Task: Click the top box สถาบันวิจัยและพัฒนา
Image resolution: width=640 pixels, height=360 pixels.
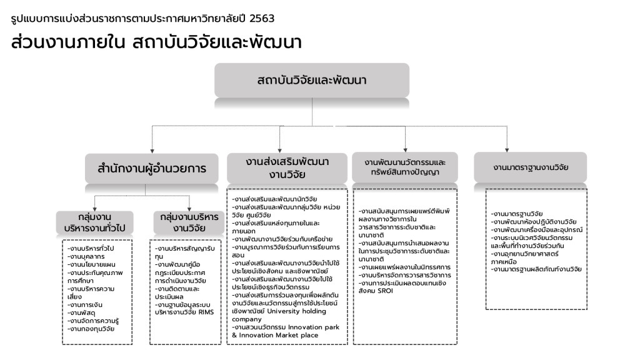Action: tap(311, 81)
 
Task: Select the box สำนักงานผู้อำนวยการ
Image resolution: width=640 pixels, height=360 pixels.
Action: tap(152, 167)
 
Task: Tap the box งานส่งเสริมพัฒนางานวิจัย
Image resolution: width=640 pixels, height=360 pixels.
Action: tap(287, 167)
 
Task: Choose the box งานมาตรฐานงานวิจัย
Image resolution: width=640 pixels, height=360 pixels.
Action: tap(531, 167)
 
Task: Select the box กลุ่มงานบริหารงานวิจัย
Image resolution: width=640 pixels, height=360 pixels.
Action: tap(189, 222)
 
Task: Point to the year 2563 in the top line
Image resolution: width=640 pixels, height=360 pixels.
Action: tap(261, 19)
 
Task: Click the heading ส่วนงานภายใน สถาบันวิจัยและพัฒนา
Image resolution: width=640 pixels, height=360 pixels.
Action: tap(157, 42)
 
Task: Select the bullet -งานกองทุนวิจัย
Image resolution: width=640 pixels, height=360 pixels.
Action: tap(92, 329)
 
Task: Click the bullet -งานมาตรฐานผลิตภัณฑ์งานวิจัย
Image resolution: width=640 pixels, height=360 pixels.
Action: tap(536, 269)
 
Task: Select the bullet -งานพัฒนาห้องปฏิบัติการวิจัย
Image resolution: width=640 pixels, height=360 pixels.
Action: tap(534, 222)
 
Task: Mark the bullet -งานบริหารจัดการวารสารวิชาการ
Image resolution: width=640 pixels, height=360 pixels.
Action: tap(405, 275)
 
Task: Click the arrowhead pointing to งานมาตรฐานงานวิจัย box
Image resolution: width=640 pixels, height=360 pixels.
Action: tap(505, 148)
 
